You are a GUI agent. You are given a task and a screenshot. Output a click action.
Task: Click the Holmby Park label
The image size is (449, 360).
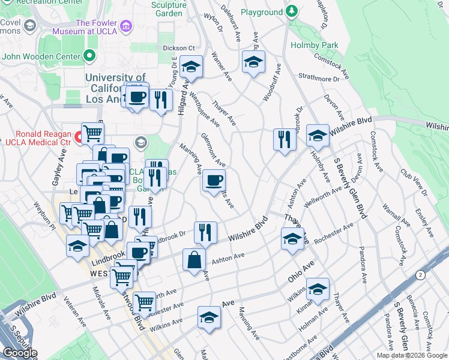[315, 45]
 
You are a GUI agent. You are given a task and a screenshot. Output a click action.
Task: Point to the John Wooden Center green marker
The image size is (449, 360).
[90, 57]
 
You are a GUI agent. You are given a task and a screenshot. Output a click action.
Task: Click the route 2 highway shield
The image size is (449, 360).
[420, 274]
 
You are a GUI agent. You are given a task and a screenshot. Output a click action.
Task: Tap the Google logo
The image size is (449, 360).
[20, 353]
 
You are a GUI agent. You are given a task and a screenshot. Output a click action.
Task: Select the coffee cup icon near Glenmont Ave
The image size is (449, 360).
[213, 180]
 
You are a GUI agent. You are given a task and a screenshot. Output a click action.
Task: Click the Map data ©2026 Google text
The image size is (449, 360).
[411, 355]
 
